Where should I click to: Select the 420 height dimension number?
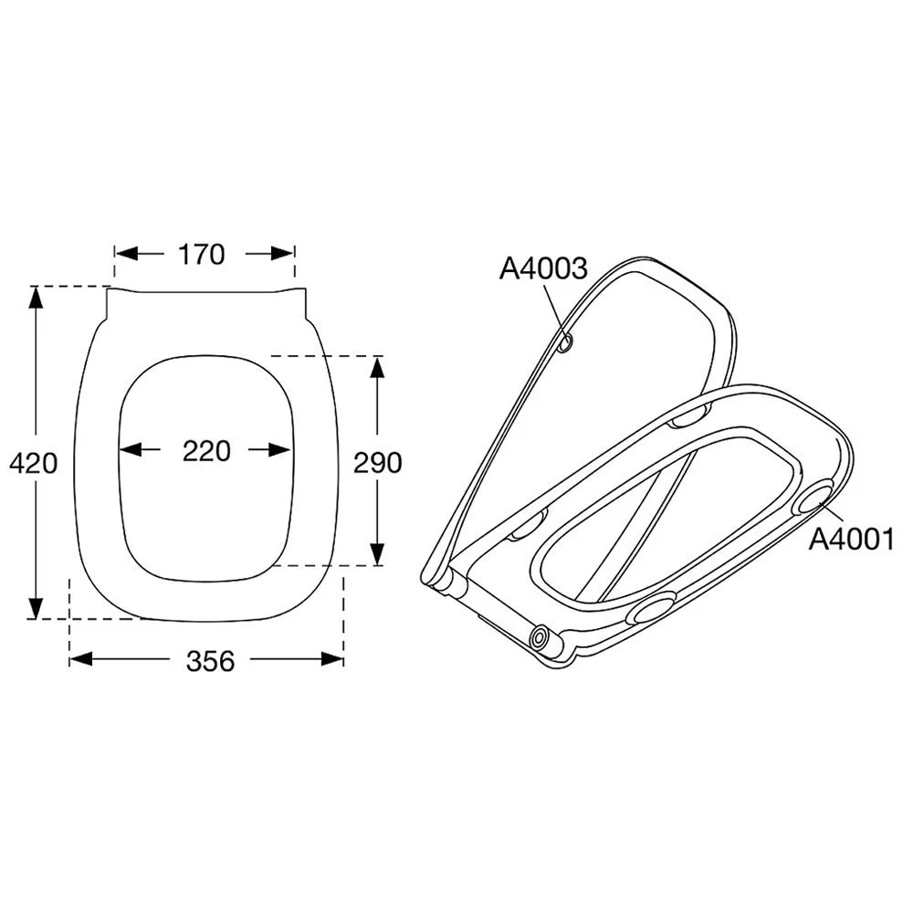[x=34, y=463]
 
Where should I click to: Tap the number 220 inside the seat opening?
[x=205, y=450]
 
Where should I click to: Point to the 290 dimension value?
[x=377, y=463]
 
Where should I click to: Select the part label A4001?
[x=851, y=540]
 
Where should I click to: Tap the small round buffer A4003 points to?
[x=566, y=343]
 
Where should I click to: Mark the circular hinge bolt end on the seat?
[x=541, y=636]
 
